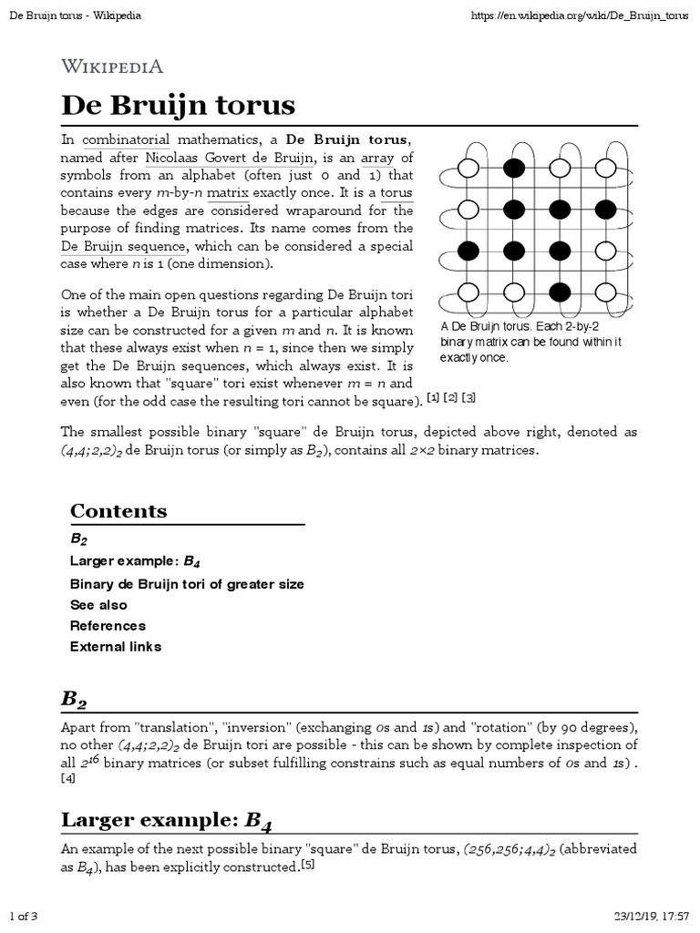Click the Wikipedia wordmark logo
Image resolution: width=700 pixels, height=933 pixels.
pos(112,66)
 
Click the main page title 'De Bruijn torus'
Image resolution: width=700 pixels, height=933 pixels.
pos(178,106)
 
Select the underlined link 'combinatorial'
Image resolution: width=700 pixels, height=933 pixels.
pos(126,140)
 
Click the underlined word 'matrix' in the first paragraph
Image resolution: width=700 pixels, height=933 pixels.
pos(228,193)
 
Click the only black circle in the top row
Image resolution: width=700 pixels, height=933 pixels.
pos(514,168)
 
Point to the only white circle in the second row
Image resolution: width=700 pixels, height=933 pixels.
pos(468,210)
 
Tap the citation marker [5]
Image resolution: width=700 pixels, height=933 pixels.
pos(307,866)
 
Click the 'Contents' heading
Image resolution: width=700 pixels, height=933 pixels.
pos(118,511)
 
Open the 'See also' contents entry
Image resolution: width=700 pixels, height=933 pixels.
pos(98,605)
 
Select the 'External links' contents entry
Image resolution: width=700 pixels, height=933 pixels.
pos(116,647)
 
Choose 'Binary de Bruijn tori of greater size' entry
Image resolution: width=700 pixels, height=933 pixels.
pos(187,584)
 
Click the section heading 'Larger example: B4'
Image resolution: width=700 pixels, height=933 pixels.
pos(167,821)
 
